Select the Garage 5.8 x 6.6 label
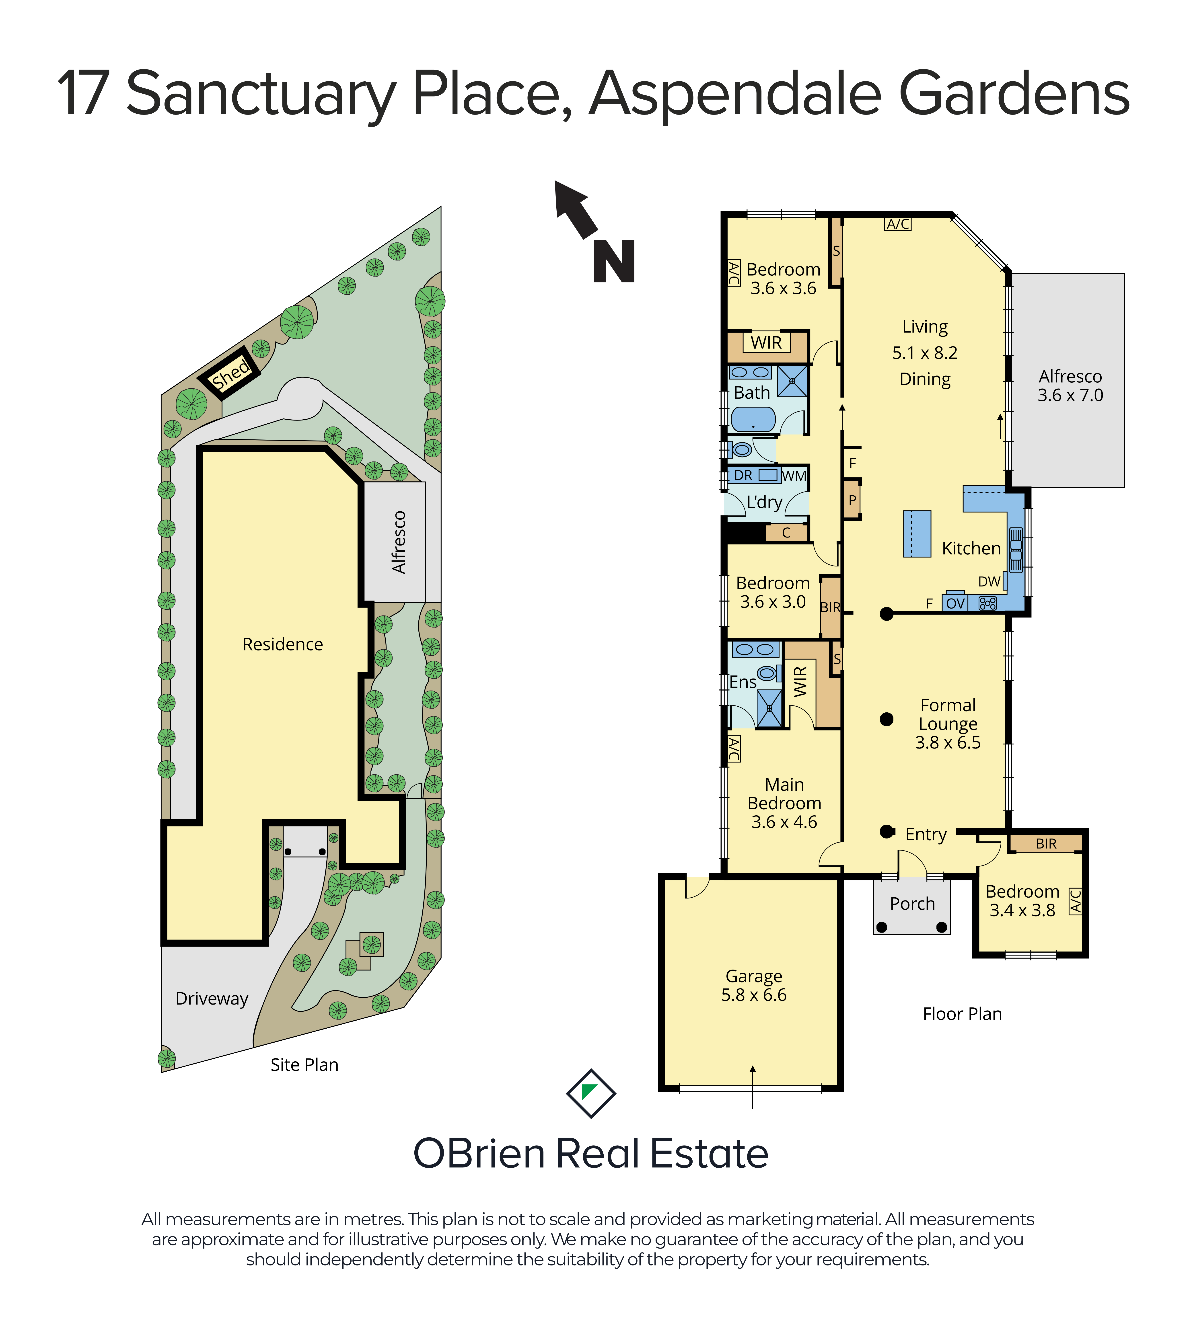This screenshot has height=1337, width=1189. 754,985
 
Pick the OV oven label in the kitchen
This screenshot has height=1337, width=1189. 955,603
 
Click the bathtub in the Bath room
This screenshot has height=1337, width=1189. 753,419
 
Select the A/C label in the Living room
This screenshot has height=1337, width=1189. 898,224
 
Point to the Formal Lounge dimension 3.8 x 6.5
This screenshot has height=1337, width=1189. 948,742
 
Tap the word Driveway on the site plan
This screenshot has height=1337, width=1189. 212,999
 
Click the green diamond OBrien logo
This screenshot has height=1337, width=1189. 591,1093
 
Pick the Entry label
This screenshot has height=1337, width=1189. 926,835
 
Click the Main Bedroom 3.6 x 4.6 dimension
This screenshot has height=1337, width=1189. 784,822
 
